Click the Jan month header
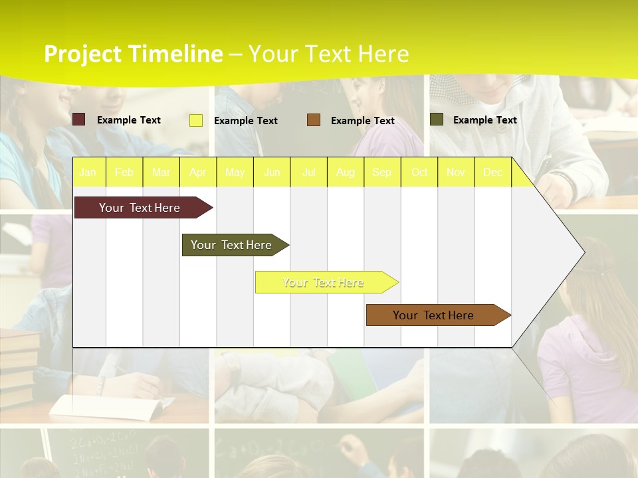point(88,173)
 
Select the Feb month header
point(124,173)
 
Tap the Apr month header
point(198,173)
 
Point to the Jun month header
point(272,173)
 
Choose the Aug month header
point(346,173)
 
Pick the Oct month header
point(419,173)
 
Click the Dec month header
point(493,173)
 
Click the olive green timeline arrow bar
point(233,245)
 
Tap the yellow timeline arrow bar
point(324,282)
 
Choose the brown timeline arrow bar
point(435,315)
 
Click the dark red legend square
point(78,119)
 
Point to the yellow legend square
point(196,120)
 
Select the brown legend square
point(314,120)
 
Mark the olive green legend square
point(437,119)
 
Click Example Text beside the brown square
point(362,121)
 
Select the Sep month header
point(382,173)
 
